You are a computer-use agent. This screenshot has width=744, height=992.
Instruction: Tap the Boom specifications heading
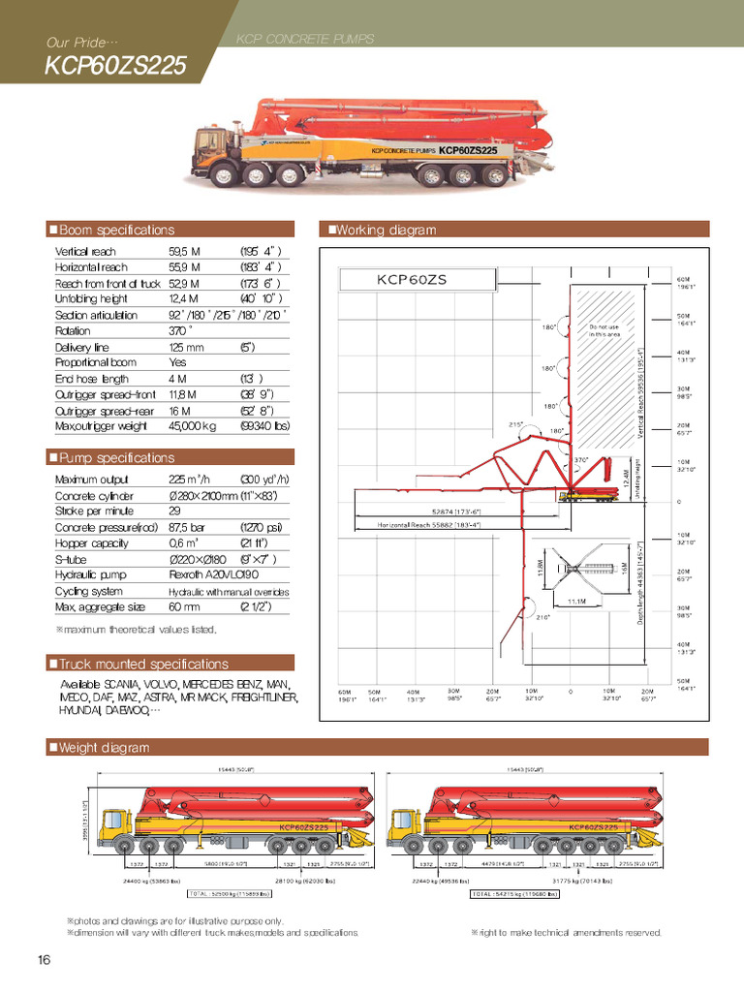[x=116, y=230]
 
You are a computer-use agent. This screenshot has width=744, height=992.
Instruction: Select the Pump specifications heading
[x=116, y=457]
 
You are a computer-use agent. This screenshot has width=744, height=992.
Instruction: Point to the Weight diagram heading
[x=104, y=747]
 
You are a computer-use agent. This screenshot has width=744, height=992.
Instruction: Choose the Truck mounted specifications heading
[x=143, y=664]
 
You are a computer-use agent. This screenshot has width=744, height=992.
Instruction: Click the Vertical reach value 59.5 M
[x=184, y=252]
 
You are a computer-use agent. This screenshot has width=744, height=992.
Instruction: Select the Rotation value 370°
[x=180, y=330]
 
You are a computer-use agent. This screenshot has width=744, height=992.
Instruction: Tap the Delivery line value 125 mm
[x=186, y=347]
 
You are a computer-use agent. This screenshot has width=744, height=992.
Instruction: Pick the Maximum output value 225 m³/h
[x=190, y=480]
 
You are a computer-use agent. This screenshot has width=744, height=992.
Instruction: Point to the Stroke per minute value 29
[x=175, y=511]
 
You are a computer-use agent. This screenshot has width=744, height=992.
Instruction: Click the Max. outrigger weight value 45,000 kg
[x=193, y=425]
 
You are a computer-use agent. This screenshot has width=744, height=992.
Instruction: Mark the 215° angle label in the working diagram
[x=516, y=423]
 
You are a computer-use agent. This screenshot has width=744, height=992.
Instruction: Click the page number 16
[x=44, y=960]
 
